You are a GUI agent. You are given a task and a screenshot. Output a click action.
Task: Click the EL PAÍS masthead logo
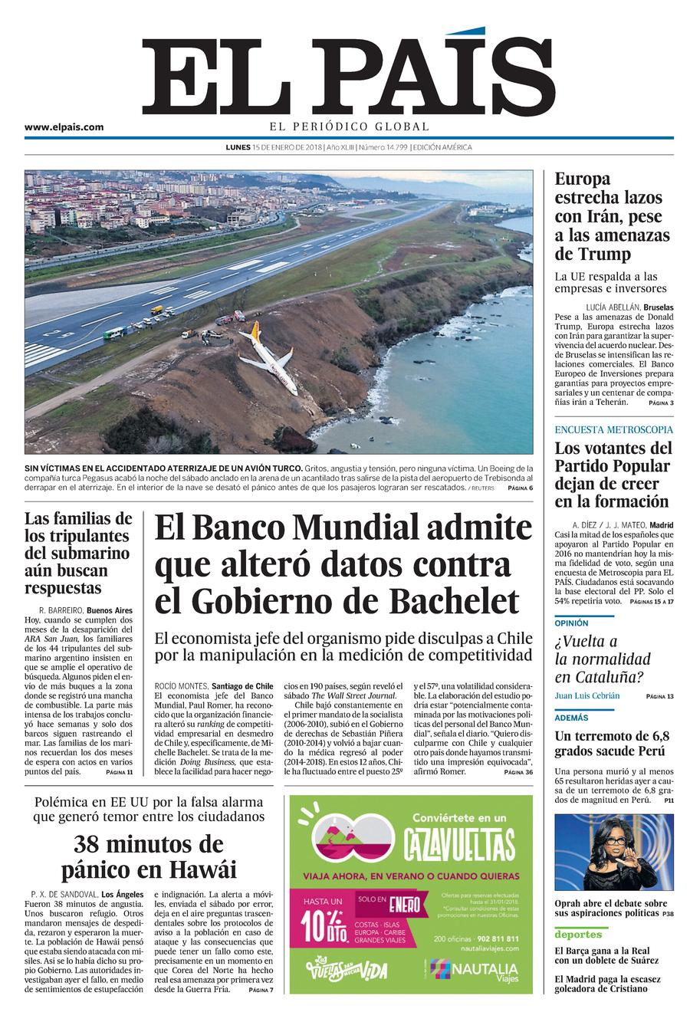point(349,73)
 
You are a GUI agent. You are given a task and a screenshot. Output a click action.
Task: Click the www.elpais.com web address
point(64,128)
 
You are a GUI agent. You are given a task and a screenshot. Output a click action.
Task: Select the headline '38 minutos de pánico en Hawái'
point(149,858)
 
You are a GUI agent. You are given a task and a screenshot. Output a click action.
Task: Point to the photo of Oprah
point(614,852)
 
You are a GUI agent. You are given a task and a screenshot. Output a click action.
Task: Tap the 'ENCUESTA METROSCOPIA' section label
point(613,430)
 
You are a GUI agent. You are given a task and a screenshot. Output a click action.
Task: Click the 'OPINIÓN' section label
point(572,623)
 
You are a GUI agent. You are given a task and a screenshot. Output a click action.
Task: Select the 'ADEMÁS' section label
point(572,718)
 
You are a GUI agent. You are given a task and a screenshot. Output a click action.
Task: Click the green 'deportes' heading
point(578,934)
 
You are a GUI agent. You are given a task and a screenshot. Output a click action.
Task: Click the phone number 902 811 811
point(491,939)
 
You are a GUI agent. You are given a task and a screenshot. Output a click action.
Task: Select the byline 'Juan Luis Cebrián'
point(587,696)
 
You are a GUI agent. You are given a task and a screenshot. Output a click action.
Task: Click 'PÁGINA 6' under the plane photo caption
point(520,488)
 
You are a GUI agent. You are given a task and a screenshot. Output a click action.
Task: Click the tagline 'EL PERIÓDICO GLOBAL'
point(349,127)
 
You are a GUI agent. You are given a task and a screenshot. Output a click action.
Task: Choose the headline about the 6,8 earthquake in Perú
point(609,744)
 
